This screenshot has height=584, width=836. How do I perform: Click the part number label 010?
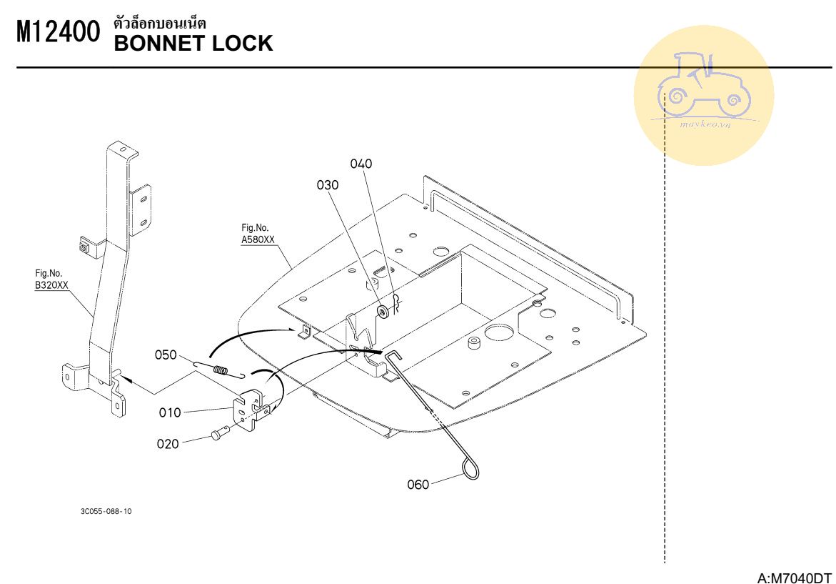pos(170,412)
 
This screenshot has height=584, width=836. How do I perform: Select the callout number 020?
pos(168,443)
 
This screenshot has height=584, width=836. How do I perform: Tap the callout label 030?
pos(328,185)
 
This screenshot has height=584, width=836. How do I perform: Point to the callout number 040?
pos(361,164)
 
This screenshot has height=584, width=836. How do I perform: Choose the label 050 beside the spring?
pos(166,355)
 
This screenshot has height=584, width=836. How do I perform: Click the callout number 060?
pos(418,485)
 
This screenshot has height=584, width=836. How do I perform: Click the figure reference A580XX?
pos(258,240)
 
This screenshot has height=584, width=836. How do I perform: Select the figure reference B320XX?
pos(52,285)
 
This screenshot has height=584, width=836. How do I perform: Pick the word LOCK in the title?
pos(243,44)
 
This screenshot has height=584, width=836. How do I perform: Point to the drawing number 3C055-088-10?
pos(106,512)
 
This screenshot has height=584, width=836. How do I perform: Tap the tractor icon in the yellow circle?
pos(703,86)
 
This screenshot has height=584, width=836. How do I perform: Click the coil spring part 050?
pos(221,370)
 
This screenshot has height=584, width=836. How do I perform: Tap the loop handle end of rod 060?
pos(470,469)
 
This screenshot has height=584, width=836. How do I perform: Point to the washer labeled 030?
pos(383,312)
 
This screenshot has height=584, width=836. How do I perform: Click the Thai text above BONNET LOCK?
pos(160,23)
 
